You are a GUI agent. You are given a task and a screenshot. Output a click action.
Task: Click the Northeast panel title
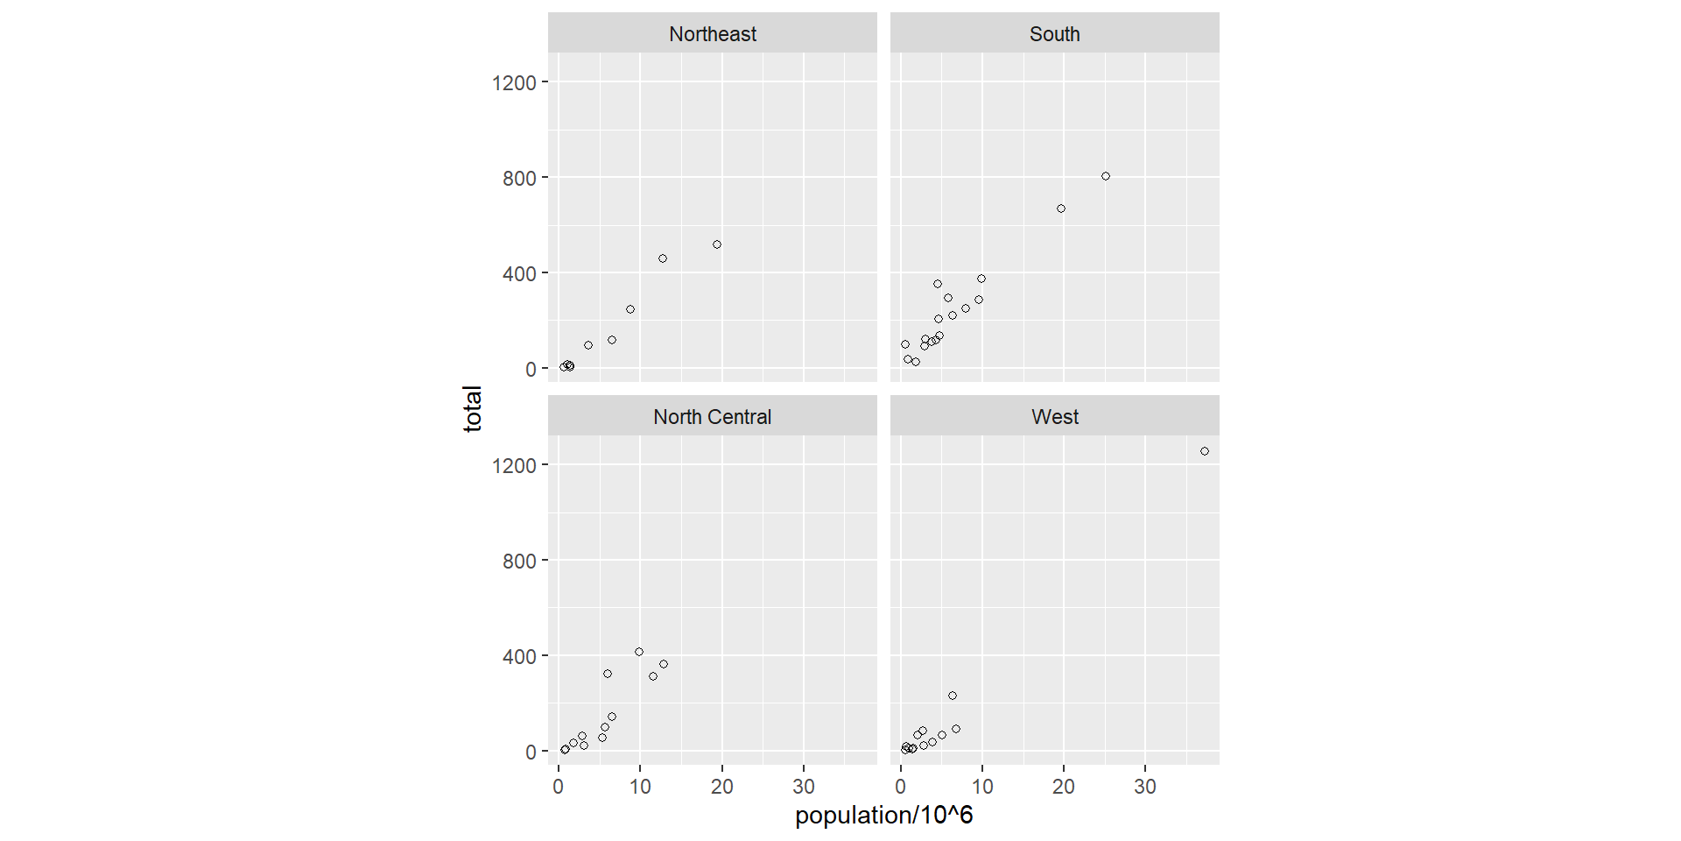[x=712, y=34]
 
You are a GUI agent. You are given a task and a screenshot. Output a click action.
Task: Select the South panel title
[x=1054, y=34]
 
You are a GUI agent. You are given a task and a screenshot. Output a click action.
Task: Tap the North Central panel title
[x=712, y=417]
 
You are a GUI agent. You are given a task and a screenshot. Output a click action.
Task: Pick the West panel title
[x=1054, y=417]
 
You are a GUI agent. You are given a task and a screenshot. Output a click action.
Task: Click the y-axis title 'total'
[x=473, y=408]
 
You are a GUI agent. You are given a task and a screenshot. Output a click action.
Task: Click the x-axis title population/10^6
[x=883, y=816]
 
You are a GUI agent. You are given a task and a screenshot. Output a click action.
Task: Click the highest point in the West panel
[x=1205, y=451]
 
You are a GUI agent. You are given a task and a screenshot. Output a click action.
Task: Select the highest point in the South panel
[x=1106, y=176]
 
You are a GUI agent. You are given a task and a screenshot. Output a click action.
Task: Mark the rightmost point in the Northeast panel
[x=717, y=244]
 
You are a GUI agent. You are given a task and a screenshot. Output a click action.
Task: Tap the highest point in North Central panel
[x=639, y=652]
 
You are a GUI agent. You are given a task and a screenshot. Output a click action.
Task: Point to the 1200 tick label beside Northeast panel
[x=514, y=83]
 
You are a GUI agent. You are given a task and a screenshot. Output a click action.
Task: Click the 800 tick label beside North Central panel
[x=519, y=562]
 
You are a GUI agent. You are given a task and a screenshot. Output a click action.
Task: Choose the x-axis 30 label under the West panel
[x=1145, y=787]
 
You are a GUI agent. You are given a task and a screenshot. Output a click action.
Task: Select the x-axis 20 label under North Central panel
[x=722, y=787]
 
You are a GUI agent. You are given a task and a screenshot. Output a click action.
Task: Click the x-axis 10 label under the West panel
[x=982, y=787]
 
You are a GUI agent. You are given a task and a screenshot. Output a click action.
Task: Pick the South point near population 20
[x=1061, y=208]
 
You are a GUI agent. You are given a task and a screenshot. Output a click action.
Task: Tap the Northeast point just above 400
[x=663, y=258]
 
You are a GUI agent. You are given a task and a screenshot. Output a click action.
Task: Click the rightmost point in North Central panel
[x=664, y=664]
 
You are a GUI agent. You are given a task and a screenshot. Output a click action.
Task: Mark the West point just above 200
[x=953, y=696]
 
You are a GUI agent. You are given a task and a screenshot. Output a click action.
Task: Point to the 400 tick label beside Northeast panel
[x=519, y=274]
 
